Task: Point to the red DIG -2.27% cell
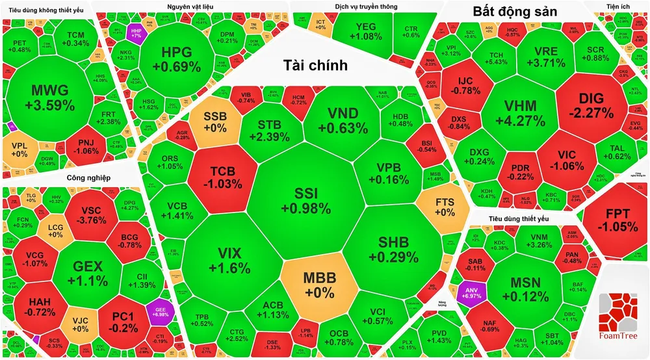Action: point(595,106)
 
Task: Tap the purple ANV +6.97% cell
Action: point(469,292)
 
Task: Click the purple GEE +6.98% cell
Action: point(157,311)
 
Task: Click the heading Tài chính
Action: point(315,65)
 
